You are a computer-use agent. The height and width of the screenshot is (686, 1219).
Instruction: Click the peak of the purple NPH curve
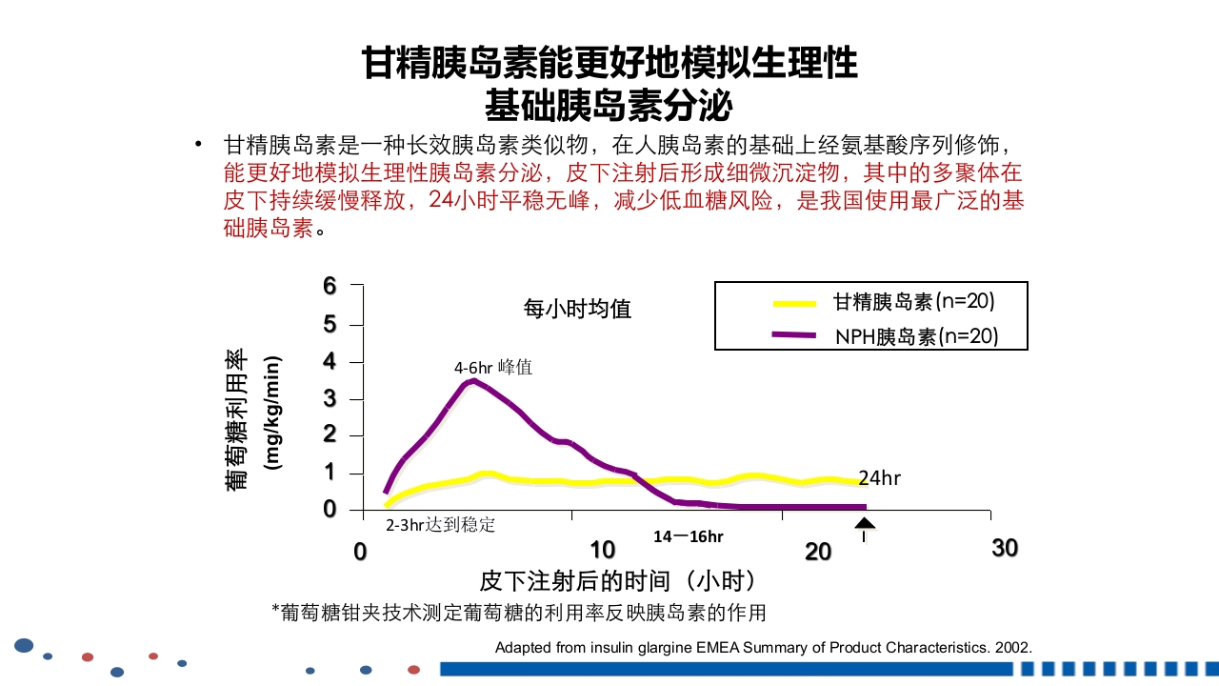472,381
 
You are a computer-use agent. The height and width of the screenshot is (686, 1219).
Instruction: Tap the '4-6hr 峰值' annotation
492,367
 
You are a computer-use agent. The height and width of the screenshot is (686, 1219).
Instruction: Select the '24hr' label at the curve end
879,478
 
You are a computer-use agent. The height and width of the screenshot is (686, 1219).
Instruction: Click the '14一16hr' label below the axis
688,536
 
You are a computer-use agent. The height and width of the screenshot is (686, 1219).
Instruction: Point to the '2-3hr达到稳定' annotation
440,525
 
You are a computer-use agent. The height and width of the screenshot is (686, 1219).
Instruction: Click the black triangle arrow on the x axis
864,522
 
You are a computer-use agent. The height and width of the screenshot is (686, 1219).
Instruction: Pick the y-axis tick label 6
330,286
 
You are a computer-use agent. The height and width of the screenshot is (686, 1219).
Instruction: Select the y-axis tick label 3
330,398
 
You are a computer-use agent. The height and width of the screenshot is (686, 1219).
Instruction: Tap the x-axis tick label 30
1005,548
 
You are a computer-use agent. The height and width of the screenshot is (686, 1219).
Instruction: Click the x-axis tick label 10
602,550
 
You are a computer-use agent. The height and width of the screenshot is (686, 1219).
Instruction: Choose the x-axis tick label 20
818,551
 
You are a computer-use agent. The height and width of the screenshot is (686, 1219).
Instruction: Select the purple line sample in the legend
794,334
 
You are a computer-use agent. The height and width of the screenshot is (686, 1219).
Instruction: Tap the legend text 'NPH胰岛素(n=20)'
916,336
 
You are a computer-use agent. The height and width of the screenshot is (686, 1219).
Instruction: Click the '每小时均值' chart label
577,309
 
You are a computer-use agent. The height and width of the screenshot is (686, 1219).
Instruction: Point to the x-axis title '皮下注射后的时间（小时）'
618,580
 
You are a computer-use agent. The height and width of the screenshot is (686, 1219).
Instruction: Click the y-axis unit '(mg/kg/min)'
274,414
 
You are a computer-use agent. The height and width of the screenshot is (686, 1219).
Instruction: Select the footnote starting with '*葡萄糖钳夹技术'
519,612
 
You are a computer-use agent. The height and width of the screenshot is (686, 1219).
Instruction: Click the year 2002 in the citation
1011,648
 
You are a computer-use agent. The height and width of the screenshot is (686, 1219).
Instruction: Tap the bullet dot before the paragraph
198,145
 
